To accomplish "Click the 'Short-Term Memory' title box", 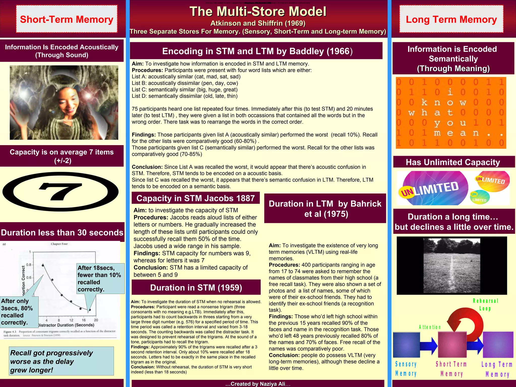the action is click(x=67, y=19).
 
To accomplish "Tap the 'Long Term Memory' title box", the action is click(x=451, y=19).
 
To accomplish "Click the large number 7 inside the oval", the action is click(x=60, y=191).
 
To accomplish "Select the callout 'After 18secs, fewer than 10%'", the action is click(x=100, y=278).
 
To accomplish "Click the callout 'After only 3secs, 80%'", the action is click(x=19, y=312).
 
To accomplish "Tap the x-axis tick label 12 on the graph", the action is click(x=71, y=320).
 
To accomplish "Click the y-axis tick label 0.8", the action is click(x=28, y=265).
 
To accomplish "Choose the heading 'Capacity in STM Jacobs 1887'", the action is click(x=196, y=198).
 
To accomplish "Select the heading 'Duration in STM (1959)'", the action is click(x=196, y=287).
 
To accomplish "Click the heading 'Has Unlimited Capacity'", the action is click(x=453, y=162).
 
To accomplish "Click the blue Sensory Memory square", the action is click(x=406, y=345).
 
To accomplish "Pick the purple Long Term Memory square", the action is click(x=498, y=345).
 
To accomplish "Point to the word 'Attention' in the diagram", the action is click(x=430, y=327).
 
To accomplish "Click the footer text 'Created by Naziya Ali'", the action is click(x=258, y=384).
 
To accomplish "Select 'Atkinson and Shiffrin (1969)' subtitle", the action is click(x=258, y=23).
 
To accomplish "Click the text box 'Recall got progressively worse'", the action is click(x=61, y=361).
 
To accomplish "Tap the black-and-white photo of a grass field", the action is click(x=452, y=265).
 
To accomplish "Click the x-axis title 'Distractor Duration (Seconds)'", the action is click(x=66, y=325).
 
